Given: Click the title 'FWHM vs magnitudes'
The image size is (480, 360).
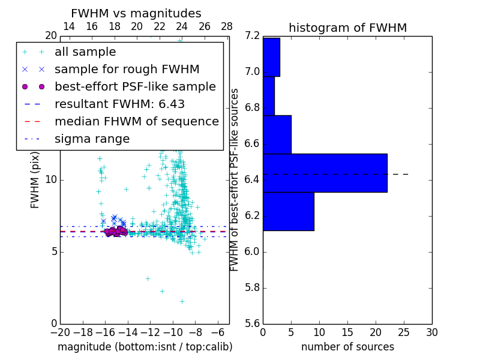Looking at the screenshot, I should pyautogui.click(x=136, y=14).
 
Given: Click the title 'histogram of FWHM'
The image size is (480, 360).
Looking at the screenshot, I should pyautogui.click(x=347, y=28).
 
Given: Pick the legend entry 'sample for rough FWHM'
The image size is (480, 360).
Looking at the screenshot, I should pyautogui.click(x=127, y=70).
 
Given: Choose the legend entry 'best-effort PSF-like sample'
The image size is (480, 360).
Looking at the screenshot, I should pyautogui.click(x=135, y=87).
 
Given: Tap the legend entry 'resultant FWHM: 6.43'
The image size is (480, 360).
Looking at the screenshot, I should pyautogui.click(x=119, y=104).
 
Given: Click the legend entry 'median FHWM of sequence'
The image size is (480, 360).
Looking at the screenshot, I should pyautogui.click(x=136, y=122).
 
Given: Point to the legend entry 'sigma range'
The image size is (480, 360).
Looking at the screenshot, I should pyautogui.click(x=92, y=139).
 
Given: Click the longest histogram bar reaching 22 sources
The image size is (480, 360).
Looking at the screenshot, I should pyautogui.click(x=325, y=173).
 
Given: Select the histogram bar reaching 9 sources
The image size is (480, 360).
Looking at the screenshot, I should pyautogui.click(x=288, y=211).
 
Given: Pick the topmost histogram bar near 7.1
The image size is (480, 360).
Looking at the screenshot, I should pyautogui.click(x=271, y=57).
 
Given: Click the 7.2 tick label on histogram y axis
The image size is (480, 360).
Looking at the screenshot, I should pyautogui.click(x=252, y=36).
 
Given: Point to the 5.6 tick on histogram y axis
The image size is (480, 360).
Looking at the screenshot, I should pyautogui.click(x=252, y=323).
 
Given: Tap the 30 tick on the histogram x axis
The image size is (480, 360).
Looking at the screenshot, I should pyautogui.click(x=431, y=332).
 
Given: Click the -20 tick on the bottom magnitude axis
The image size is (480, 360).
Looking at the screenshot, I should pyautogui.click(x=60, y=332).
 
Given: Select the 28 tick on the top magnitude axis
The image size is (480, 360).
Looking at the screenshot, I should pyautogui.click(x=227, y=26).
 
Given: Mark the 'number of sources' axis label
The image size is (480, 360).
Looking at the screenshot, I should pyautogui.click(x=347, y=347).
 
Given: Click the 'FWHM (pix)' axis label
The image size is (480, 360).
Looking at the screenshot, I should pyautogui.click(x=35, y=180).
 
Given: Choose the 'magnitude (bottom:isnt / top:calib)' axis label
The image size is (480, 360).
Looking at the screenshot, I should pyautogui.click(x=145, y=347).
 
